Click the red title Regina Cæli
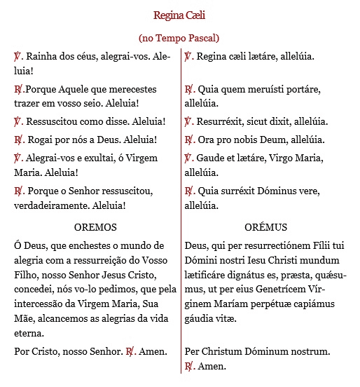(x=179, y=15)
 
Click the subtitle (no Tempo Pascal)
(x=179, y=38)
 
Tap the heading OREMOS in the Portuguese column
(x=95, y=227)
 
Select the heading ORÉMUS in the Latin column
(x=266, y=227)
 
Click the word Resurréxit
(x=224, y=121)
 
